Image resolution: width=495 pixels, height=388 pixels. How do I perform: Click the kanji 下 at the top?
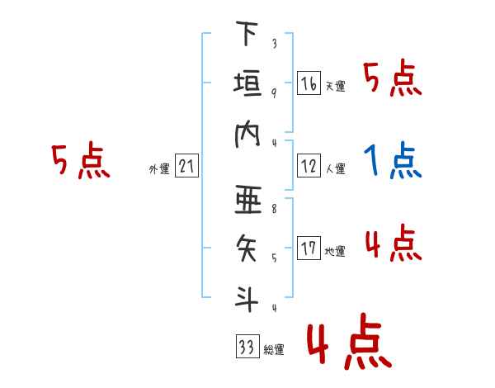(247, 33)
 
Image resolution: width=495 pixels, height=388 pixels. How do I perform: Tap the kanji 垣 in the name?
(247, 83)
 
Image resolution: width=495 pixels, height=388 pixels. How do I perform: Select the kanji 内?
(247, 135)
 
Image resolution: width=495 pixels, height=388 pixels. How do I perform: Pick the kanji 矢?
(247, 248)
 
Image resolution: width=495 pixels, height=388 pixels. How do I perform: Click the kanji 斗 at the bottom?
(247, 299)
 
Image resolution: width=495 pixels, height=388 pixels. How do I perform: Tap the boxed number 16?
(309, 83)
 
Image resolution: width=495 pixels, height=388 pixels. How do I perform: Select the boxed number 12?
(309, 166)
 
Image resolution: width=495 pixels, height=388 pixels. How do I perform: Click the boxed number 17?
(309, 248)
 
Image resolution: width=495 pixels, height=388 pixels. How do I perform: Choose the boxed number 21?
(186, 166)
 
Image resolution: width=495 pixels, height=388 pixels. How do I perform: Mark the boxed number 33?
(247, 346)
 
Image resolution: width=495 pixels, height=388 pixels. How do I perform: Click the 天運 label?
(336, 86)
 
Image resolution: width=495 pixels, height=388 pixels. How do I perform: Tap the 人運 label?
(336, 168)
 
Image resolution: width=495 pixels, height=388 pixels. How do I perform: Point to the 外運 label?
(159, 168)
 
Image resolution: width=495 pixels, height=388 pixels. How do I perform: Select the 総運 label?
(274, 349)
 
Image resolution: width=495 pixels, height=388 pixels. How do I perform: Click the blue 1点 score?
(393, 160)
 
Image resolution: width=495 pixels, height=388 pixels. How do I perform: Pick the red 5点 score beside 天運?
(393, 78)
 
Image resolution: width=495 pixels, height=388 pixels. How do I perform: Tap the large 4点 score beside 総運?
(350, 341)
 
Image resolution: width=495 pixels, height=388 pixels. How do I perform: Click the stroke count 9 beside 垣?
(274, 92)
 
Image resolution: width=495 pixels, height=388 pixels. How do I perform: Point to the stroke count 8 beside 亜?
(274, 209)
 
